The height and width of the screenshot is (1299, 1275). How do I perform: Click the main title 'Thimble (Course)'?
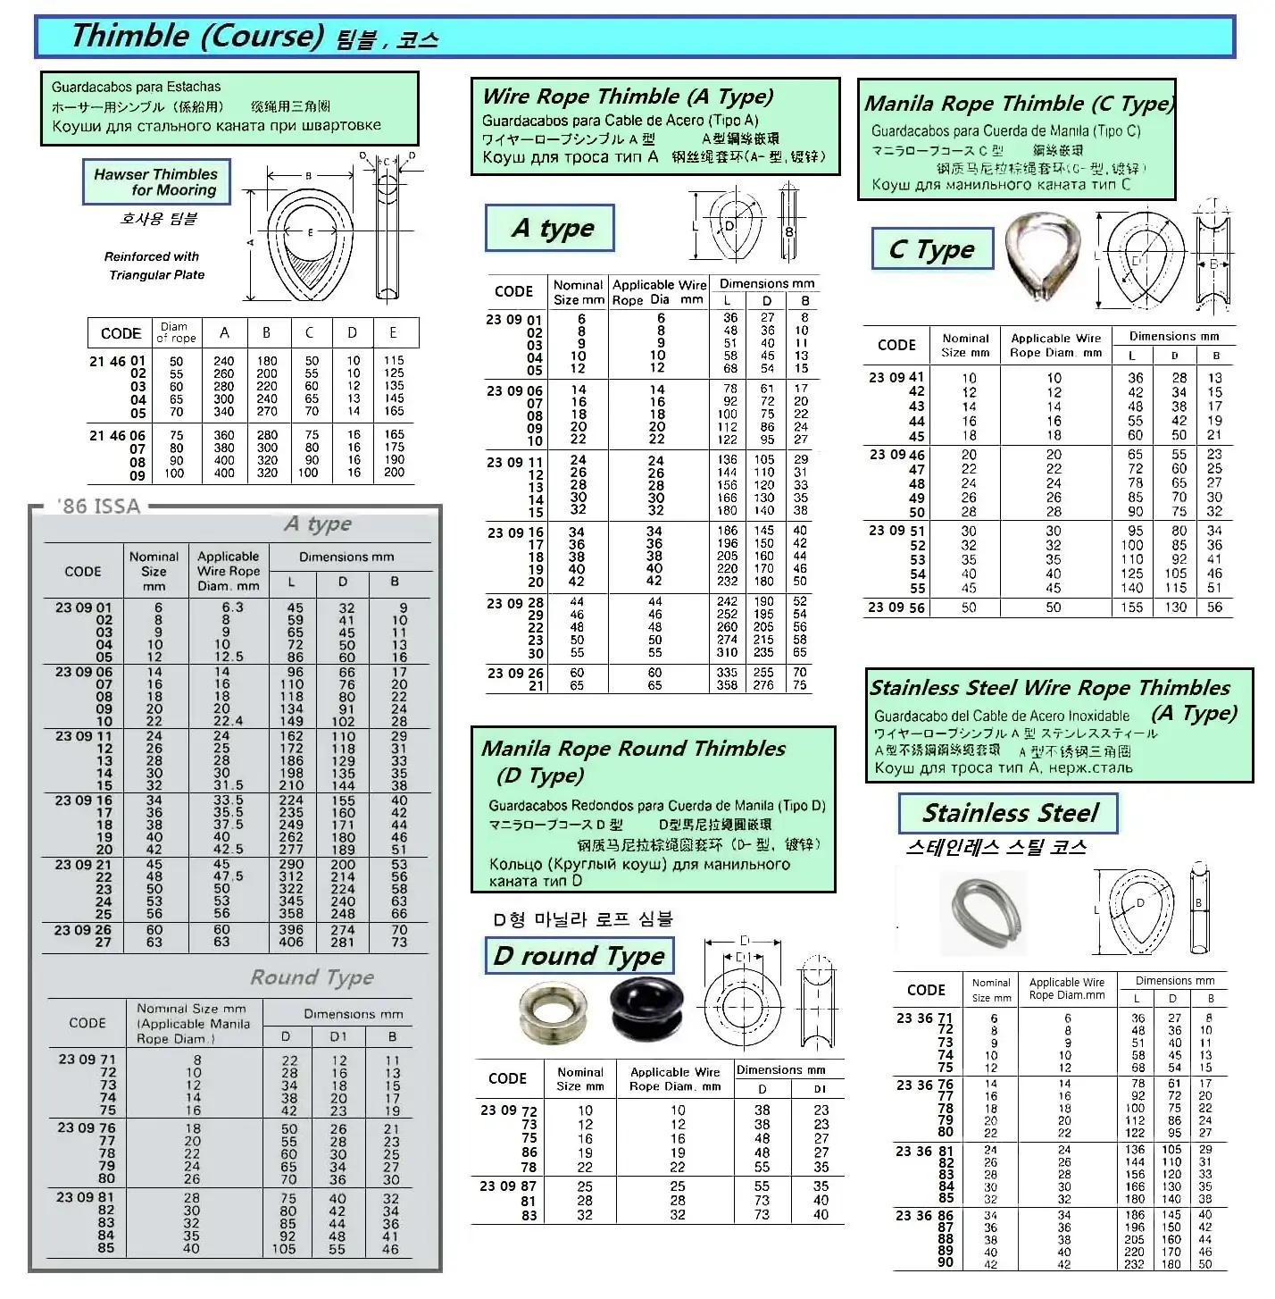[x=196, y=36]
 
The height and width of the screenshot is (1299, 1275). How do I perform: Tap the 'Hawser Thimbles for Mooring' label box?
[x=156, y=182]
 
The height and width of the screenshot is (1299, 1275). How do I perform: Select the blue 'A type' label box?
[x=551, y=229]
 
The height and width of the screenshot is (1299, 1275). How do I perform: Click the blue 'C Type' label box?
[x=931, y=249]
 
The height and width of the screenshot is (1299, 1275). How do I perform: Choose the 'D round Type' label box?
[x=579, y=956]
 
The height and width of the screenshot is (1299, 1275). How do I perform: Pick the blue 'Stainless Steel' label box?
[x=1008, y=813]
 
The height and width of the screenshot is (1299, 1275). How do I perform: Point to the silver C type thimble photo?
[x=1039, y=259]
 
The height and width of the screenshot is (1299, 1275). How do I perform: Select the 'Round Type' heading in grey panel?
[x=312, y=977]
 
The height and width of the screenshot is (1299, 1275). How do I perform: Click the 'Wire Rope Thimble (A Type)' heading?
[x=628, y=96]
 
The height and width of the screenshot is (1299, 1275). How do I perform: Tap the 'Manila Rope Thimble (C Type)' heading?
[x=1019, y=104]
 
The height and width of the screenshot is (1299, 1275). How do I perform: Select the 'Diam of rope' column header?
[x=175, y=332]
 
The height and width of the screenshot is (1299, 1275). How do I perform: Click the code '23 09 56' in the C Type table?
[x=896, y=608]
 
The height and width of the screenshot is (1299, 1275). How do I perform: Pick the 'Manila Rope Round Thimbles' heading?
[x=634, y=749]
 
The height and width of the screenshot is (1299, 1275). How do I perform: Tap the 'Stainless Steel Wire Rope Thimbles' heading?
[x=1050, y=688]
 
